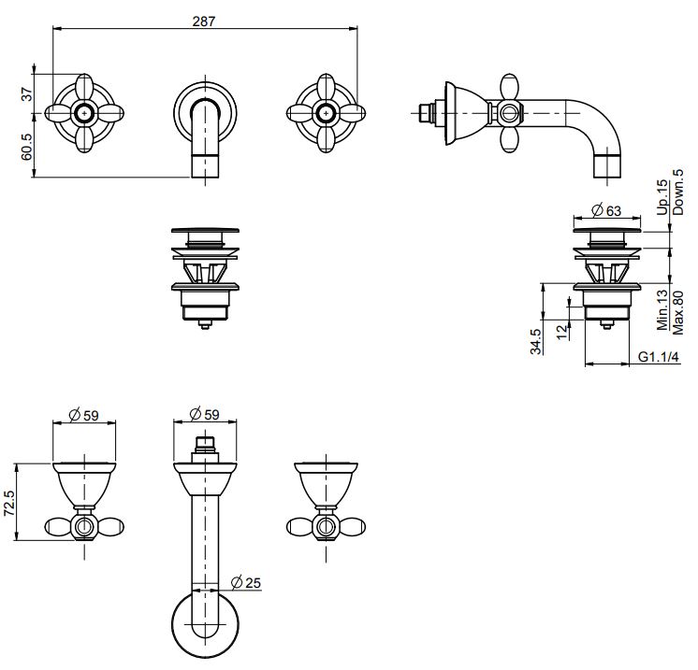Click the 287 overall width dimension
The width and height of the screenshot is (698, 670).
click(206, 21)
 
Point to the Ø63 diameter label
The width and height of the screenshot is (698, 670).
click(607, 210)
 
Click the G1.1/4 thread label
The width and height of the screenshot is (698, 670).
click(661, 357)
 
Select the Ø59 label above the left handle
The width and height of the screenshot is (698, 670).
click(85, 414)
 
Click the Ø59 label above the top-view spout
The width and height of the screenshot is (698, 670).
click(204, 414)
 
